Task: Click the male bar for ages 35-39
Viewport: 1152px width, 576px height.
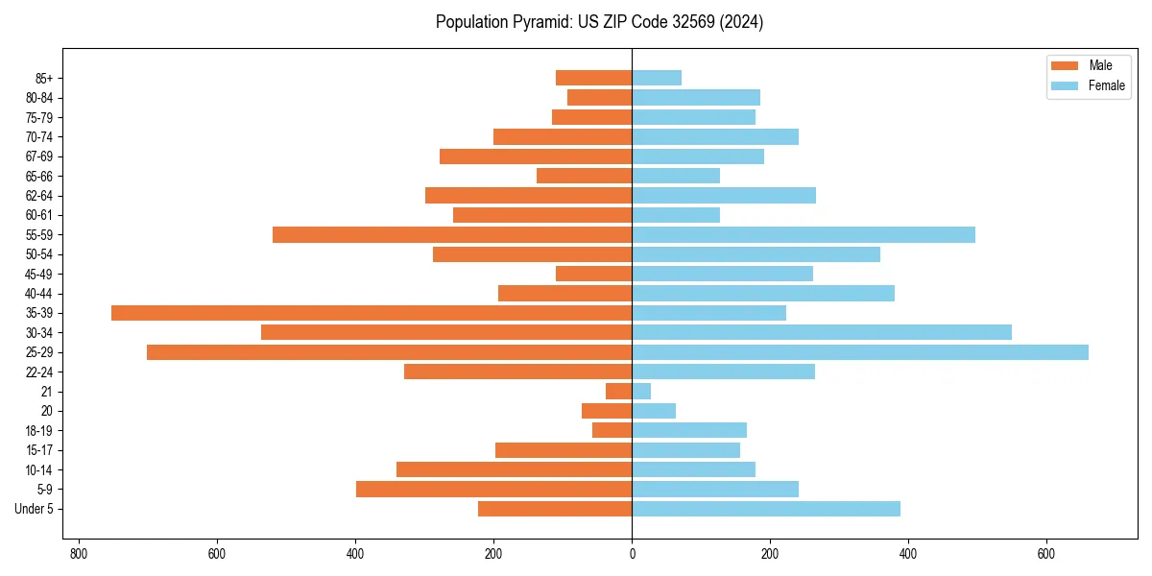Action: tap(372, 313)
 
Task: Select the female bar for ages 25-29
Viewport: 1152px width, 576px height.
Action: tap(860, 352)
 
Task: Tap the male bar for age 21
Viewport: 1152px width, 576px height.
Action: tap(619, 392)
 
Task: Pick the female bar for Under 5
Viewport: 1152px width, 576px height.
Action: tap(766, 509)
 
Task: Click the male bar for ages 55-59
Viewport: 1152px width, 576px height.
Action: tap(452, 235)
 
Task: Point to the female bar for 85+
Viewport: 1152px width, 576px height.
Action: tap(657, 78)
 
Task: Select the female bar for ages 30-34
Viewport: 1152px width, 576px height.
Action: tap(822, 332)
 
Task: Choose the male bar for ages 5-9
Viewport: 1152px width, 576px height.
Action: tap(494, 490)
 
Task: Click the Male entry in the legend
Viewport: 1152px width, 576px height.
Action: tap(1088, 65)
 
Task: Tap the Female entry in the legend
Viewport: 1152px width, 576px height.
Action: tap(1092, 85)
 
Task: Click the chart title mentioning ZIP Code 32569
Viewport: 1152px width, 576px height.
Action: tap(599, 22)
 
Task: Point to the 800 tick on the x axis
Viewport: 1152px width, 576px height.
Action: tap(79, 554)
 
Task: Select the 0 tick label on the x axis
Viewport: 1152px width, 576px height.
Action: tap(632, 554)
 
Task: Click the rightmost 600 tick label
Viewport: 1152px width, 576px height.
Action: tap(1045, 554)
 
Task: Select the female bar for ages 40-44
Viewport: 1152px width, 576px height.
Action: tap(763, 294)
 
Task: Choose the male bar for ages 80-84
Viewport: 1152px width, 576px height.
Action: tap(600, 98)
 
